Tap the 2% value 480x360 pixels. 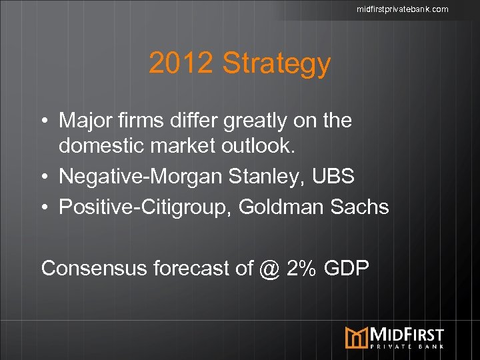pos(297,268)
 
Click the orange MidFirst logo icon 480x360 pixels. pos(356,337)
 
